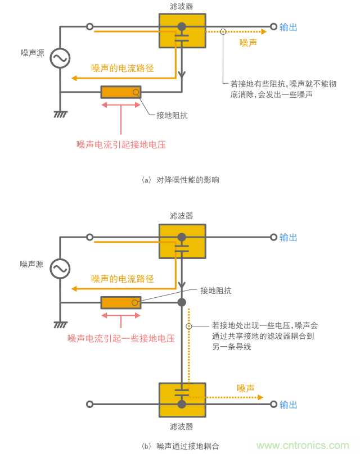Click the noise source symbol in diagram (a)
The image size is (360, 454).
coord(60,58)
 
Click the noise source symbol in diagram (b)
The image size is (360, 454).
coord(60,269)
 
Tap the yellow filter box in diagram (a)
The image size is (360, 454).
coord(182,31)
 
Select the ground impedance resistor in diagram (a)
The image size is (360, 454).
coord(121,92)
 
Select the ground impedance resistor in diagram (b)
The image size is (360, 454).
coord(121,303)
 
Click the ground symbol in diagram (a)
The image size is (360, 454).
coord(60,115)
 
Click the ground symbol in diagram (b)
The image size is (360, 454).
coord(60,325)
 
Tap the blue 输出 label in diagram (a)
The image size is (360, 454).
coord(289,26)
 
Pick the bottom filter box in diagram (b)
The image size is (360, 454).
coord(182,400)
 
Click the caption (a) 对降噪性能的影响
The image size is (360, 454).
coord(180,180)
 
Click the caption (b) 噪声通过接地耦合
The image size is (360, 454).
coord(180,446)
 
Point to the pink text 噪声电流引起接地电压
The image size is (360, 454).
coord(121,144)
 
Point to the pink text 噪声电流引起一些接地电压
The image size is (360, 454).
coord(121,338)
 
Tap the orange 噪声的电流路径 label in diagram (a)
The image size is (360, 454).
coord(123,68)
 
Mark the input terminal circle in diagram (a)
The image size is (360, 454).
coord(89,26)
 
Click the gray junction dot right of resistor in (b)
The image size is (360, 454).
coord(182,303)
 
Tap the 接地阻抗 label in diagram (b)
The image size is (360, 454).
coord(216,290)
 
